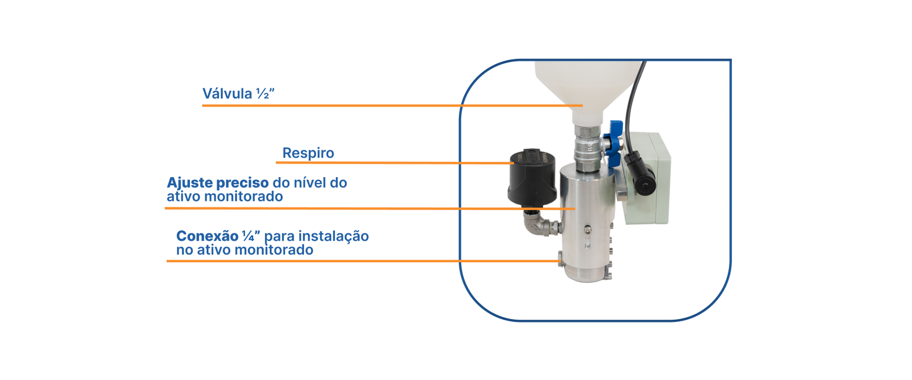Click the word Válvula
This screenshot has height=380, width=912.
227,93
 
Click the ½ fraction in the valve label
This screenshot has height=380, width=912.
263,93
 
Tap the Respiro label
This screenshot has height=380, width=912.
308,153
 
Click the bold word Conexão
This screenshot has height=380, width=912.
207,236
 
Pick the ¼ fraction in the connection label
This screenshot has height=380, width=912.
248,236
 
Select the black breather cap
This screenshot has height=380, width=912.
532,178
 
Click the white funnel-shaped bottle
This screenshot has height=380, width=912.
588,92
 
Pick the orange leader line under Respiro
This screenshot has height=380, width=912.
395,163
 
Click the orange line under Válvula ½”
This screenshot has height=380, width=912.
393,106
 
